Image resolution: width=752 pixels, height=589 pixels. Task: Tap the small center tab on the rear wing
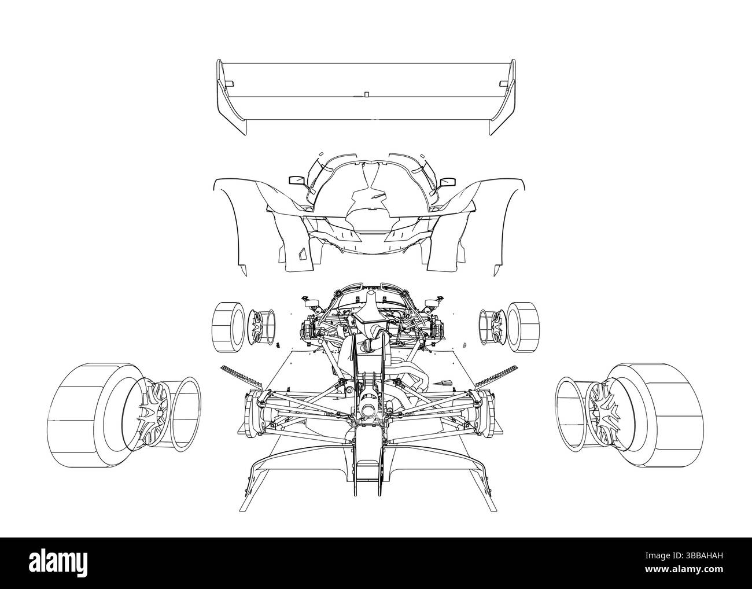(367, 93)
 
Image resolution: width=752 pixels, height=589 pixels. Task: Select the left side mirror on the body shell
(296, 181)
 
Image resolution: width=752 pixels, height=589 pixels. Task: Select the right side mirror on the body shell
(446, 183)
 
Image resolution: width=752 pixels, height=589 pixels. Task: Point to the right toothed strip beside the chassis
(495, 377)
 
